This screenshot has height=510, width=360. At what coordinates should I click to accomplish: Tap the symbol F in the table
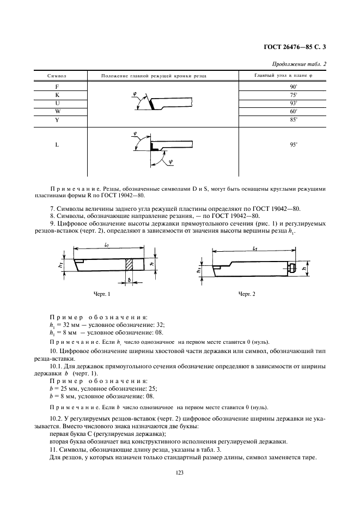pos(57,87)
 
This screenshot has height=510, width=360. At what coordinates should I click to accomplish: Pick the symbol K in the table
pos(57,94)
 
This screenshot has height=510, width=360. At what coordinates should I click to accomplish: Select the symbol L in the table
pos(57,145)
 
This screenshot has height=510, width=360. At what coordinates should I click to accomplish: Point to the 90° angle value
pos(292,87)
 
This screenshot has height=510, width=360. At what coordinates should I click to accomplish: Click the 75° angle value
pos(292,94)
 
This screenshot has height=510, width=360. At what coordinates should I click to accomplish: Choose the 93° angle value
pos(292,102)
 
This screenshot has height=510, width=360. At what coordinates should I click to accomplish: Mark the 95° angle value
pos(292,145)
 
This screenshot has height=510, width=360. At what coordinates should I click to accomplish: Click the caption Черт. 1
pos(102,294)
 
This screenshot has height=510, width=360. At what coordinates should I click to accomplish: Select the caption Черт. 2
pos(247,294)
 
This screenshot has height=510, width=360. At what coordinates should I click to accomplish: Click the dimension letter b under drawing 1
pos(129,279)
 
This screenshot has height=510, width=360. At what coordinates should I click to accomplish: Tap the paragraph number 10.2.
pos(56,417)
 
